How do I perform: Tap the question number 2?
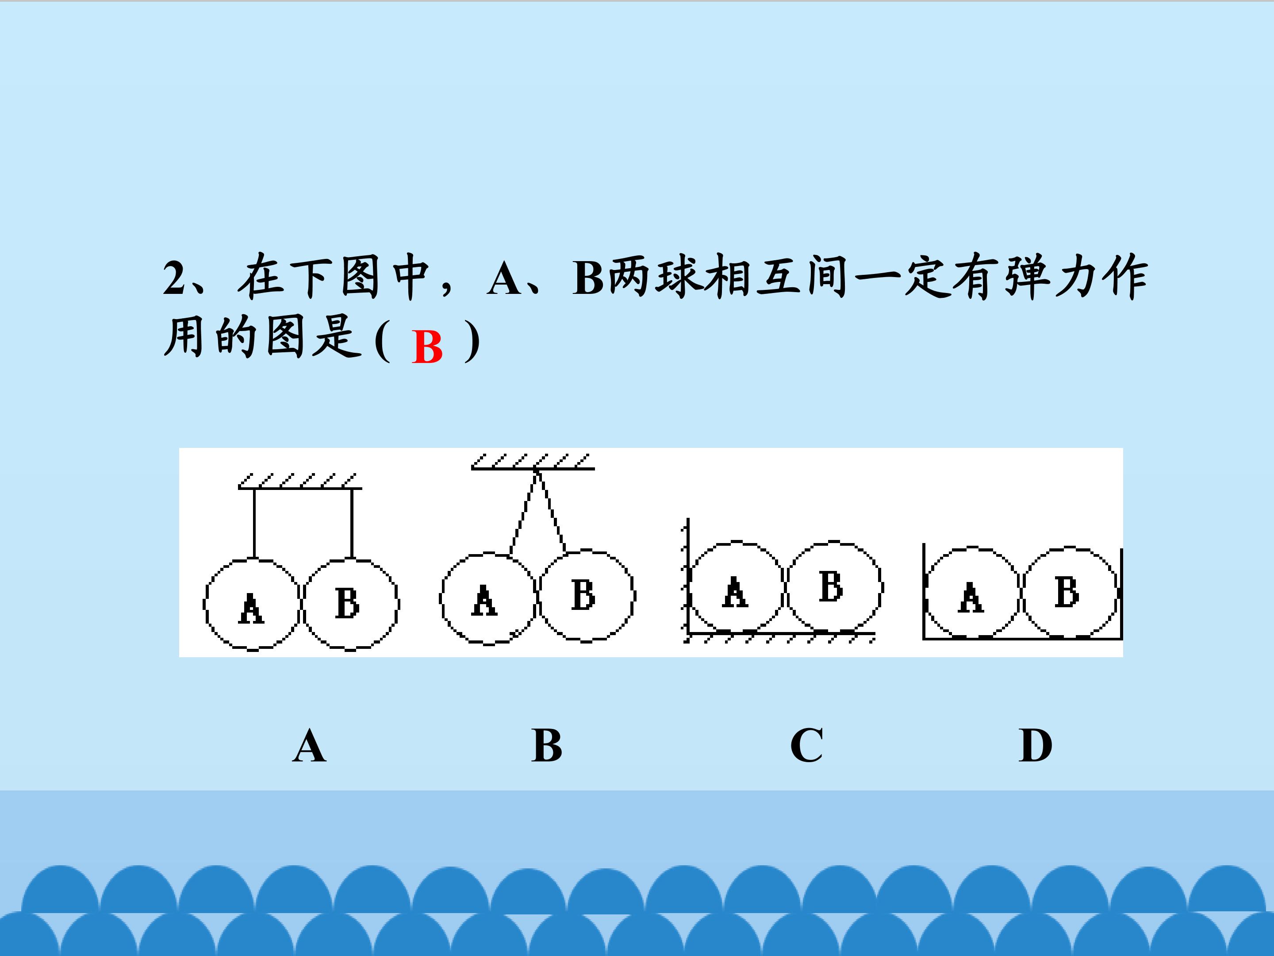174,278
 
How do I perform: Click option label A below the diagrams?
309,746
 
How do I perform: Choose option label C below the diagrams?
806,746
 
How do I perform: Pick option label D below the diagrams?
1035,746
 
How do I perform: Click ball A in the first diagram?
252,605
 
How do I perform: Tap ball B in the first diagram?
351,605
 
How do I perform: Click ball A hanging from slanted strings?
488,598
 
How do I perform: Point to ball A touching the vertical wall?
737,587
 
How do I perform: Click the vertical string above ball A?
254,523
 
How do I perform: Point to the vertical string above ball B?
352,523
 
